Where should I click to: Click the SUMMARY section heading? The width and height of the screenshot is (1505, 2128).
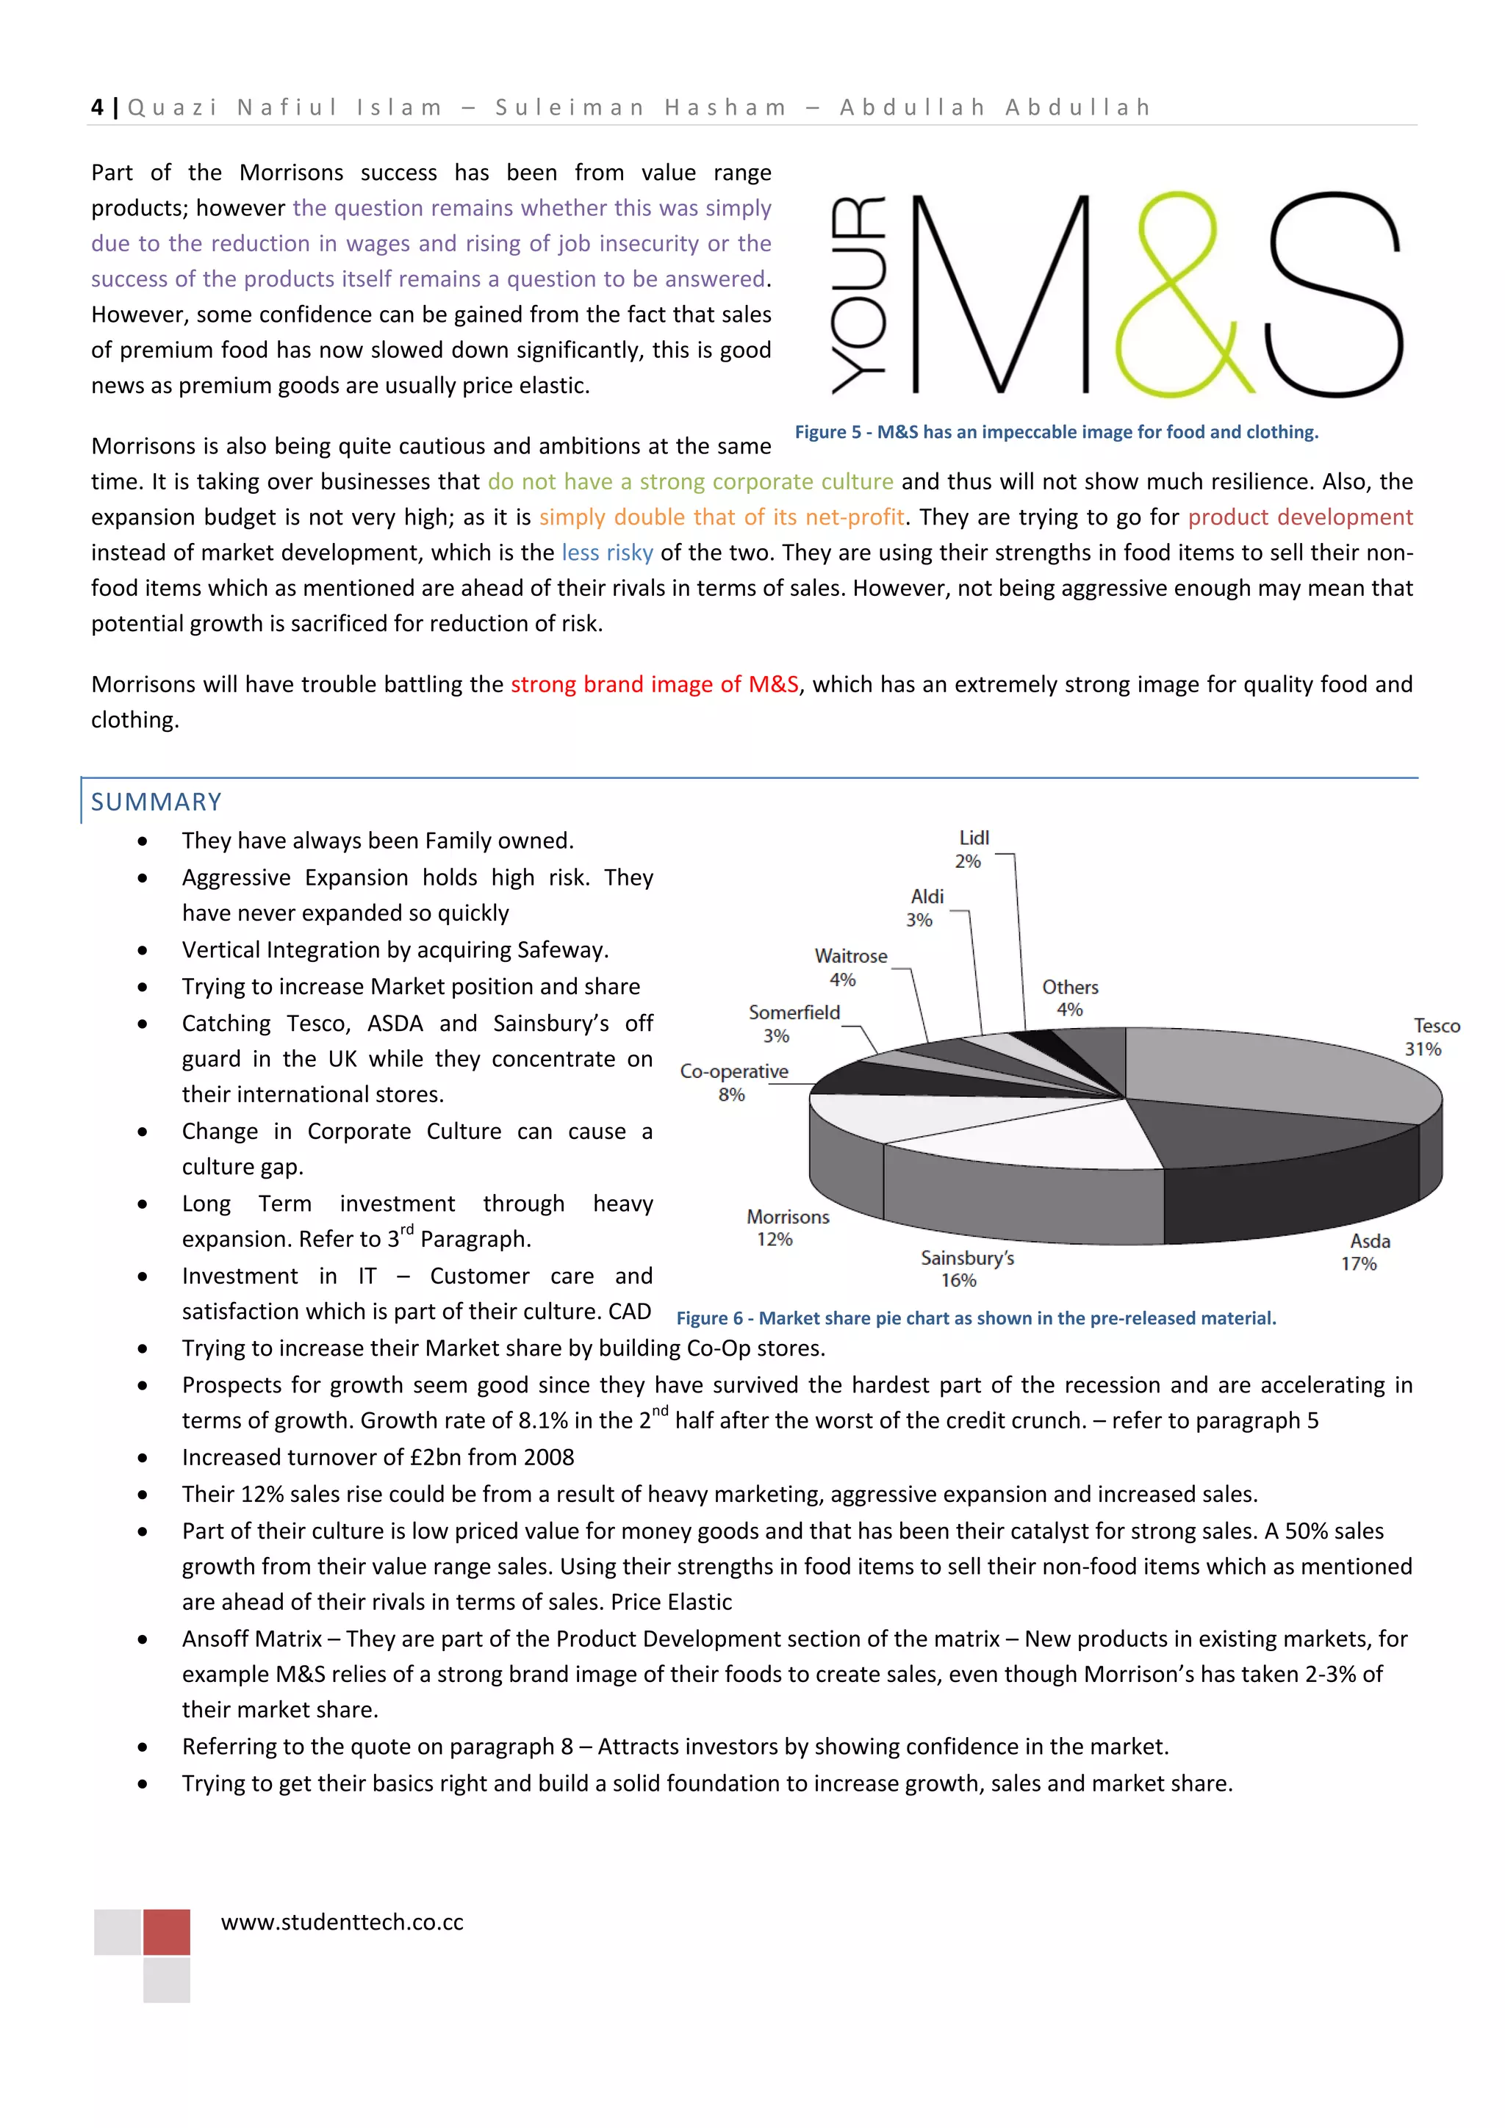coord(156,802)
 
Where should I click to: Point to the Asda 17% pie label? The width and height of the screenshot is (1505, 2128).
coord(1366,1252)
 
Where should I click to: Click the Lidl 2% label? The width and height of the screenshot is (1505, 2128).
coord(972,849)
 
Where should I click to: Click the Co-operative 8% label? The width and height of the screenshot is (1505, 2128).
coord(733,1082)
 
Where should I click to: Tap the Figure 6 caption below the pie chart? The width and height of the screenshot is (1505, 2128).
coord(976,1318)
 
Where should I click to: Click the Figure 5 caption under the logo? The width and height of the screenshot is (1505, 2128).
coord(1055,432)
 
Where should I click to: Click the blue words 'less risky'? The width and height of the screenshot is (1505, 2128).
coord(607,553)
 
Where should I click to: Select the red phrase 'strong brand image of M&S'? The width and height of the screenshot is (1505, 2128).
coord(654,685)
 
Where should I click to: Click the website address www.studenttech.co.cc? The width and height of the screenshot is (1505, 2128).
coord(342,1922)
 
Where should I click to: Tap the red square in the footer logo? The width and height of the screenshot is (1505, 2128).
coord(167,1932)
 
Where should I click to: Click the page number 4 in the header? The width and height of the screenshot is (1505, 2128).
coord(97,107)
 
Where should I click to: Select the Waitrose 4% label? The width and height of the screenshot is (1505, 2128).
coord(849,968)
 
